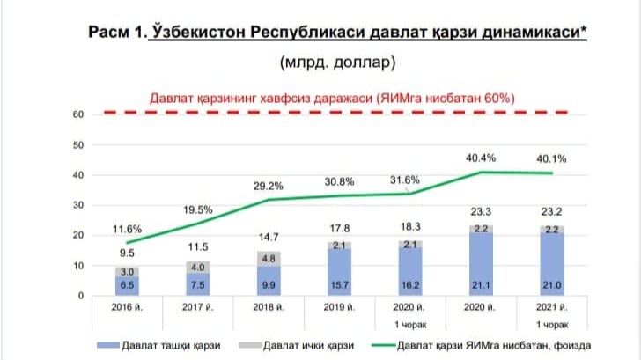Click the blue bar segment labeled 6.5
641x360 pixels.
point(129,285)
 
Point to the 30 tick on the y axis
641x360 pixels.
point(77,205)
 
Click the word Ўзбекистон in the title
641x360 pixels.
point(198,33)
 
